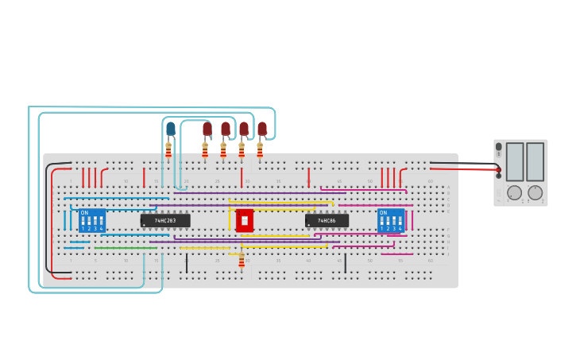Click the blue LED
171,129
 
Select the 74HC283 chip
165,220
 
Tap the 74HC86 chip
327,220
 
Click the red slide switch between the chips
245,220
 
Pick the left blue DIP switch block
92,220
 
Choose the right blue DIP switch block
391,220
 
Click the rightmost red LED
261,129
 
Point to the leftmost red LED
207,129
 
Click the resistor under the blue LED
168,149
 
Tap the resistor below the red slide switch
242,261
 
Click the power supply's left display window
515,161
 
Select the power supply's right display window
535,161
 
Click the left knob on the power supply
515,192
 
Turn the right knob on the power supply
535,192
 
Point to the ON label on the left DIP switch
84,212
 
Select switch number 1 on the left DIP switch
83,222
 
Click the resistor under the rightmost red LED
260,149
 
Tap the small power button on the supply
499,147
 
